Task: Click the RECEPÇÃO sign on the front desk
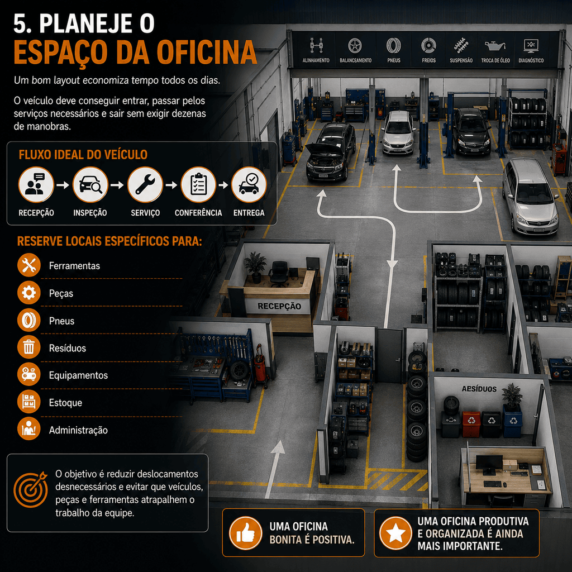pyautogui.click(x=279, y=306)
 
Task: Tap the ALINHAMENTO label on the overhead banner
pyautogui.click(x=316, y=60)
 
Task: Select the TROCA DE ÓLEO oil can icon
pyautogui.click(x=495, y=46)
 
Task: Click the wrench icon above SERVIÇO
pyautogui.click(x=145, y=184)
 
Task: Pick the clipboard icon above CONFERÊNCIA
pyautogui.click(x=198, y=184)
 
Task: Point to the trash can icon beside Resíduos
pyautogui.click(x=29, y=347)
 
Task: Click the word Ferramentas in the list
pyautogui.click(x=74, y=266)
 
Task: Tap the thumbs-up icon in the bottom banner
pyautogui.click(x=246, y=533)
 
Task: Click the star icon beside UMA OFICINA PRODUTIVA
pyautogui.click(x=396, y=533)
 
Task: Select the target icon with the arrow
pyautogui.click(x=31, y=489)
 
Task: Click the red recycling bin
pyautogui.click(x=471, y=423)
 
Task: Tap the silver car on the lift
pyautogui.click(x=398, y=132)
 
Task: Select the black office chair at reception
pyautogui.click(x=279, y=274)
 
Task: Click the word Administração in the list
pyautogui.click(x=78, y=430)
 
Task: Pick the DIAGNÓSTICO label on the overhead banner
pyautogui.click(x=531, y=60)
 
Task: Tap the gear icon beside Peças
pyautogui.click(x=29, y=293)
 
